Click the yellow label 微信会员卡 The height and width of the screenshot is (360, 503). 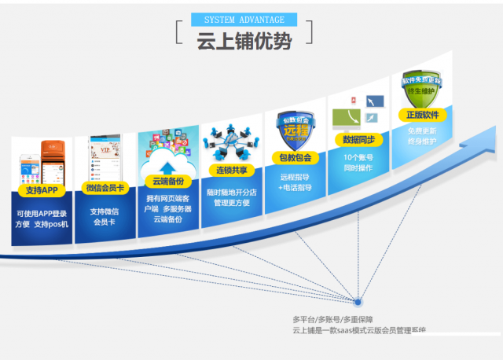(x=105, y=188)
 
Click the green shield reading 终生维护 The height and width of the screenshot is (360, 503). (x=422, y=87)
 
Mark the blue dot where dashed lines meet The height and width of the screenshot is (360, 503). (x=358, y=301)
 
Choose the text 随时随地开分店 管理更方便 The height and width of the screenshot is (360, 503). (x=231, y=197)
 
